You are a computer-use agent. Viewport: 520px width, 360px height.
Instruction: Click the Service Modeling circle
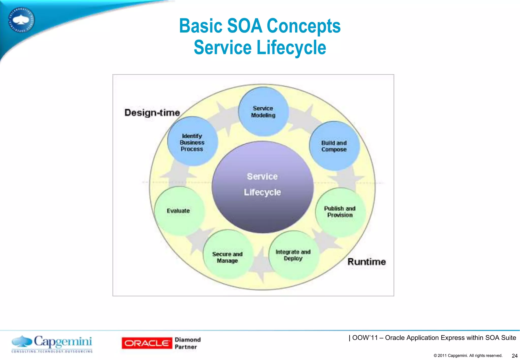(x=263, y=112)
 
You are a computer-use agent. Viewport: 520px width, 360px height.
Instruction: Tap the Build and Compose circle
(x=334, y=146)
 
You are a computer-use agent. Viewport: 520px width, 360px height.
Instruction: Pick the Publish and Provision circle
(x=340, y=212)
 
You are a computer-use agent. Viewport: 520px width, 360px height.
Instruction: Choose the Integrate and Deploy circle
(x=293, y=255)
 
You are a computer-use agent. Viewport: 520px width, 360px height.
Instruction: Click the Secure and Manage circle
(x=227, y=255)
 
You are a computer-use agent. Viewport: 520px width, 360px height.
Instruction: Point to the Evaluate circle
(x=179, y=211)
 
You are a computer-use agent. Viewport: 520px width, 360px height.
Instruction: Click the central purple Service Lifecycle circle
(x=263, y=187)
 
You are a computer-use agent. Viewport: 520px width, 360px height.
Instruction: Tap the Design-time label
(x=152, y=112)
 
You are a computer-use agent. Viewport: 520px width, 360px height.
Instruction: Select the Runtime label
(x=366, y=261)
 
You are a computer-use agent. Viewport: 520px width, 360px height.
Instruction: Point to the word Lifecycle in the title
(x=291, y=48)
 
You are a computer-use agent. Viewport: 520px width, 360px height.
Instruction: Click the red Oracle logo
(x=147, y=343)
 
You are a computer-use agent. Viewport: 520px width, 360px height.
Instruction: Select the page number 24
(x=514, y=356)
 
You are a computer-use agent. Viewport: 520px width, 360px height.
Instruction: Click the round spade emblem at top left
(x=21, y=20)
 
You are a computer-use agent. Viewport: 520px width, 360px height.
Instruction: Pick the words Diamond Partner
(x=188, y=343)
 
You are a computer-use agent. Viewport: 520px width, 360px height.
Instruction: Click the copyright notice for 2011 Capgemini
(x=468, y=356)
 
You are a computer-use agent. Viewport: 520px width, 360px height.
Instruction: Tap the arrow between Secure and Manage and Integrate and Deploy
(x=261, y=264)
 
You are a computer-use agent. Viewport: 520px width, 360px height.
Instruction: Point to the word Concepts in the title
(x=304, y=26)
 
